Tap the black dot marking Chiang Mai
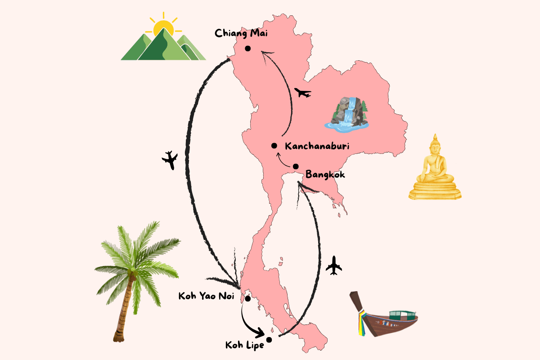[x=247, y=49]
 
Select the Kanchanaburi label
[x=317, y=146]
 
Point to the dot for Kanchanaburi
[x=274, y=146]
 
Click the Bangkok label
[x=325, y=174]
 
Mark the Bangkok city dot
[x=296, y=166]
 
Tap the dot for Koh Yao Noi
[x=247, y=298]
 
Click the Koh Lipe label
[x=245, y=346]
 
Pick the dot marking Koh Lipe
[x=269, y=340]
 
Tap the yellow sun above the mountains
[x=162, y=28]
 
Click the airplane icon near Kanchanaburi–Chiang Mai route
[x=302, y=93]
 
